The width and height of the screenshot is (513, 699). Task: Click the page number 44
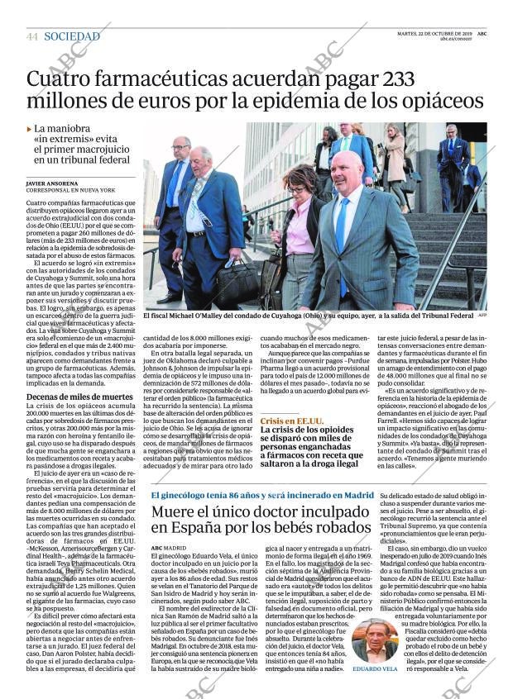(32, 37)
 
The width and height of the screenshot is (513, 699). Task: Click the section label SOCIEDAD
(72, 36)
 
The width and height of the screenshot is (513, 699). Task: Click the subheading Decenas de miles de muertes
(79, 397)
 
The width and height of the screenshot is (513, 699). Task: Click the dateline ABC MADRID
(169, 548)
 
